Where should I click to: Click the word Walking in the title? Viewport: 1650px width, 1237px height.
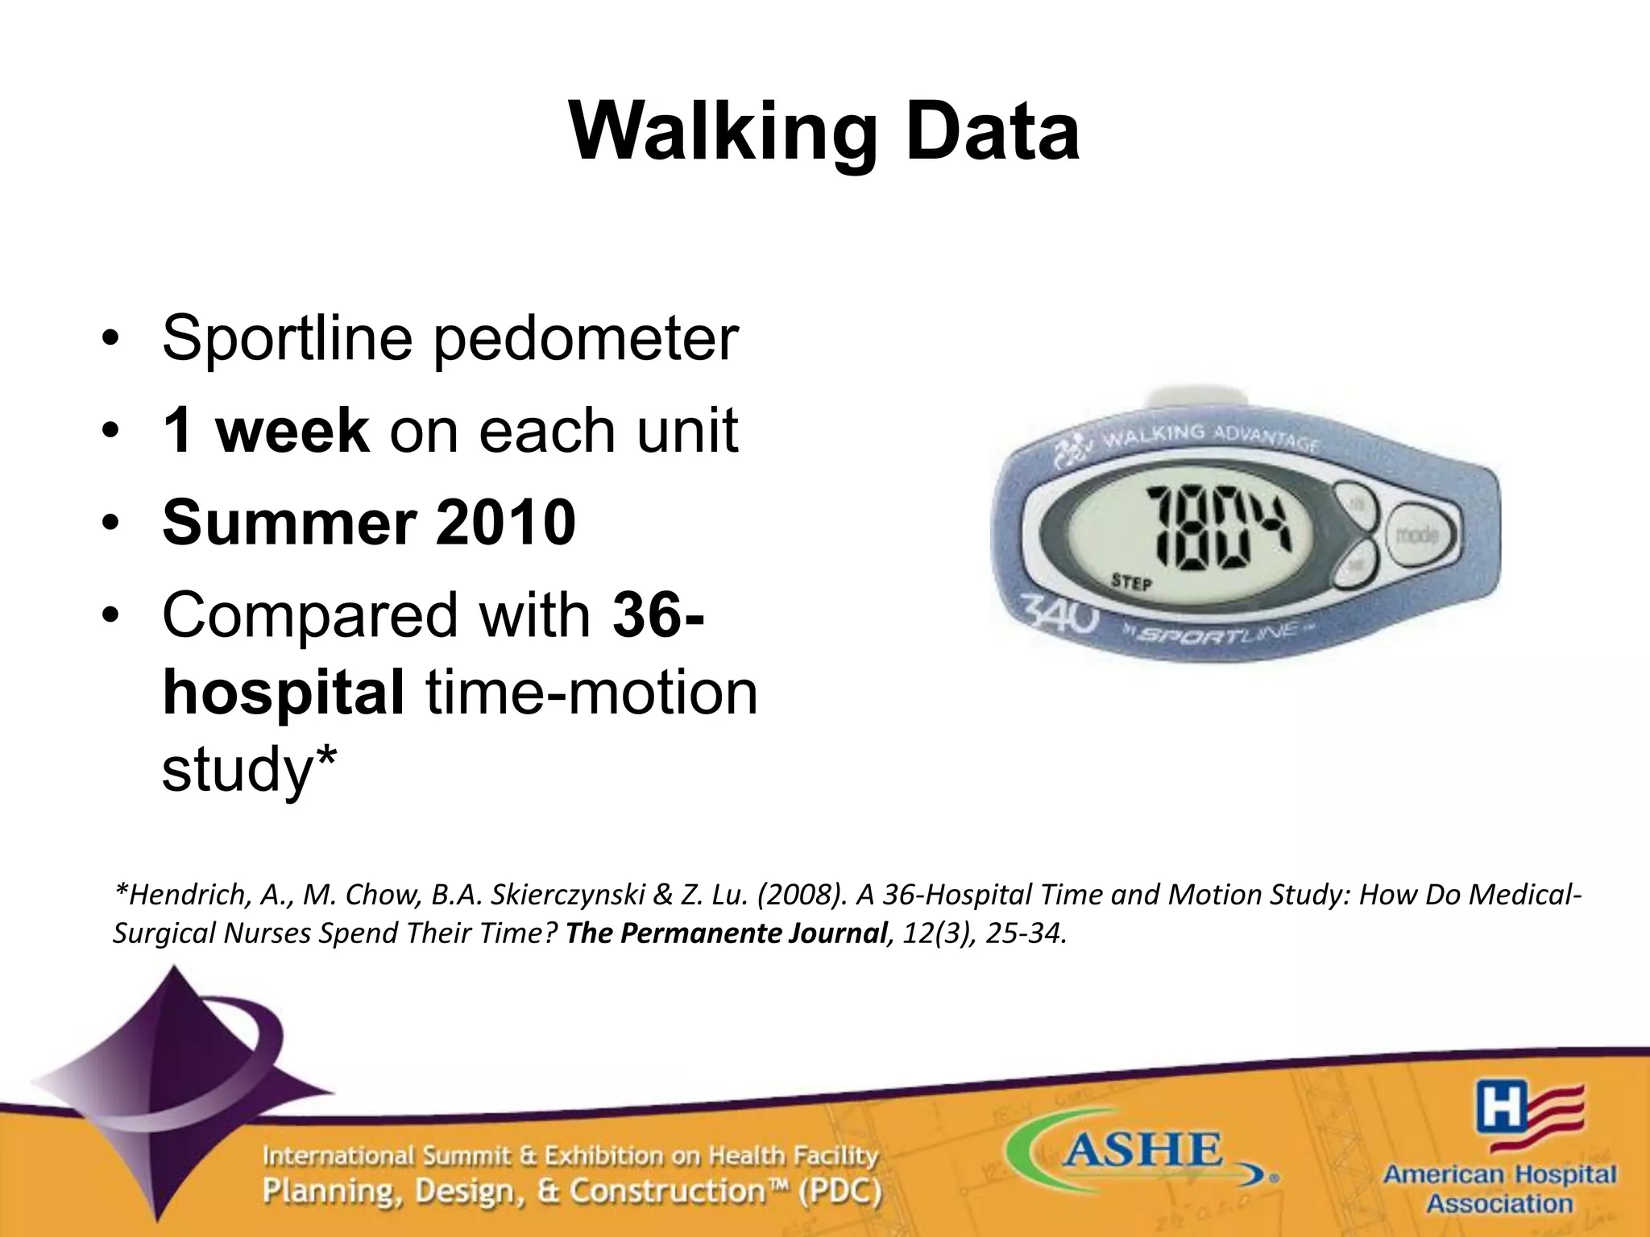coord(722,133)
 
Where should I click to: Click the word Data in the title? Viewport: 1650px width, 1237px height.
coord(991,133)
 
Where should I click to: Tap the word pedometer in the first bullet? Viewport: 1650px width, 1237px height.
coord(587,339)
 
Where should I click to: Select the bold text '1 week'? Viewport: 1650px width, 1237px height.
coord(266,431)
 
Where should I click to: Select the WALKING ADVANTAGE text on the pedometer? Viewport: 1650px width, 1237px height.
coord(1208,439)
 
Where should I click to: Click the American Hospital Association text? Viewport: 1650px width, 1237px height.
coord(1499,1189)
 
